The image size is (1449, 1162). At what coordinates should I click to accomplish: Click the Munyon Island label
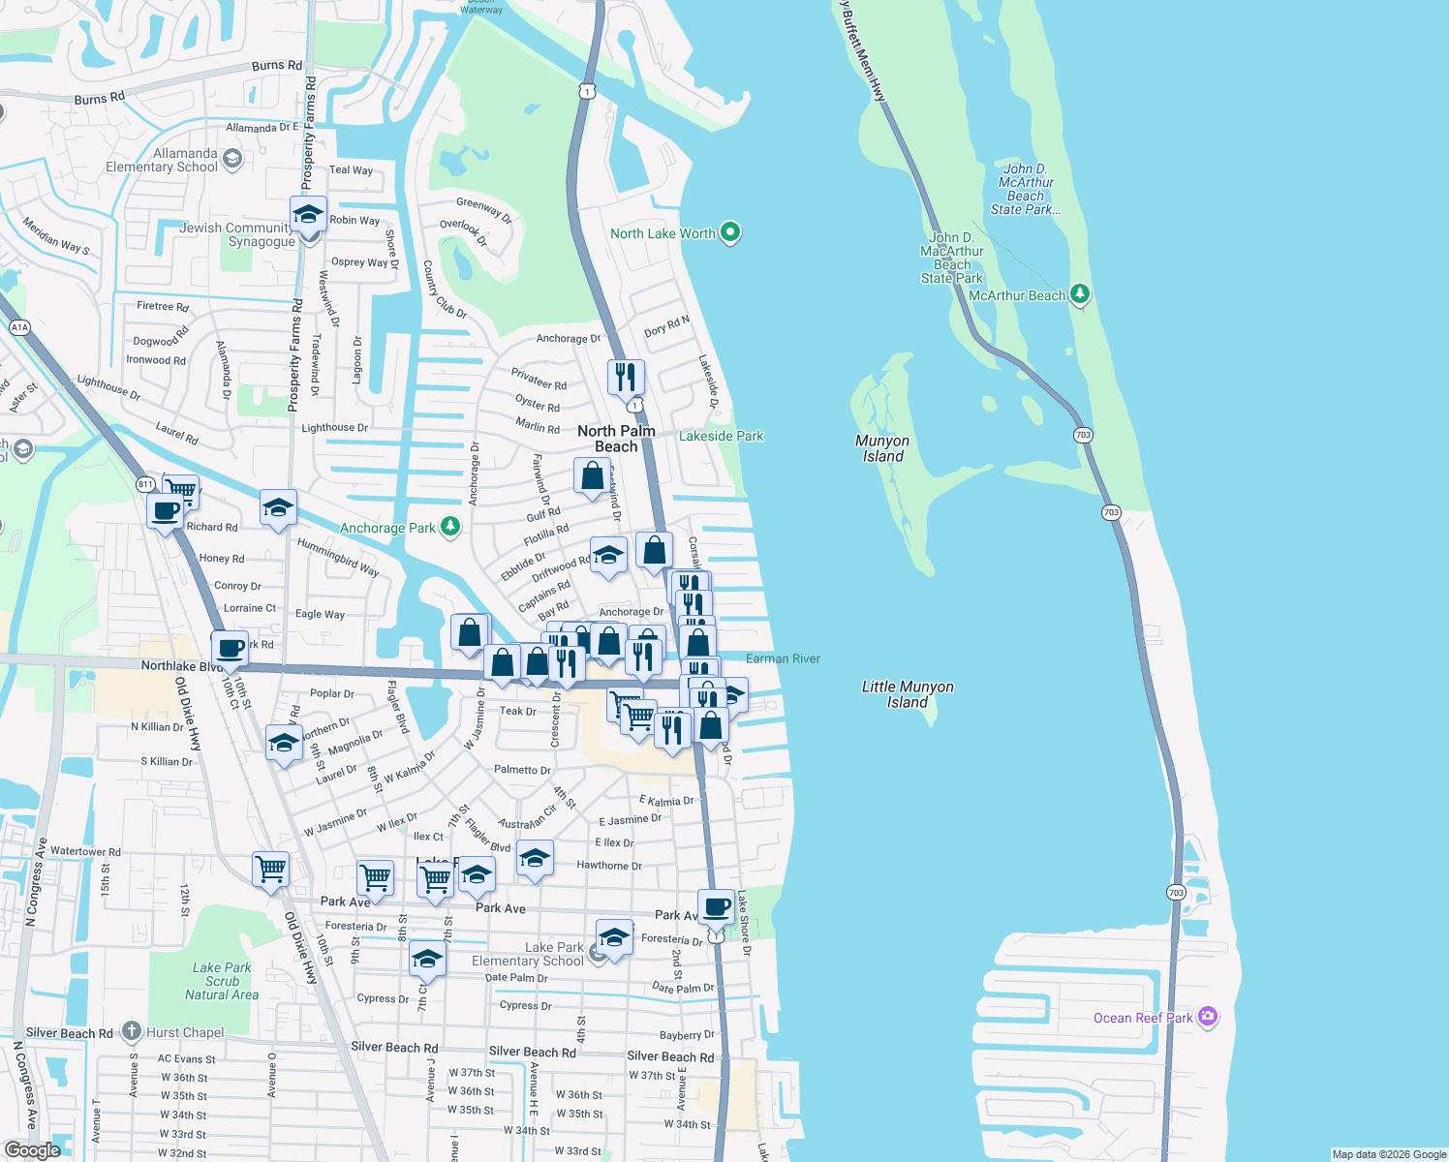coord(882,448)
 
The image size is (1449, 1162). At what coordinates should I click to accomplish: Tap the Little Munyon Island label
coord(908,694)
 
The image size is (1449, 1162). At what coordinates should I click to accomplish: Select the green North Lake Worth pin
coord(731,232)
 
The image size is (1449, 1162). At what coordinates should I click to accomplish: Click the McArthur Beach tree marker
coord(1080,294)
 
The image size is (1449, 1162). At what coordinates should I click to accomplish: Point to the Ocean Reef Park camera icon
coord(1207,1017)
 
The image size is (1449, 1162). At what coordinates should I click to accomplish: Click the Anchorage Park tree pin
coord(449,527)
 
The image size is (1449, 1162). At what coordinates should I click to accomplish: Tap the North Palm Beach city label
coord(616,439)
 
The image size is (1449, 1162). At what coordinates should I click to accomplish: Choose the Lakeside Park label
coord(721,437)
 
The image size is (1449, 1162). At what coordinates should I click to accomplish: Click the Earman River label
coord(783,658)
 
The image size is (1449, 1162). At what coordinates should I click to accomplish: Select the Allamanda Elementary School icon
coord(231,159)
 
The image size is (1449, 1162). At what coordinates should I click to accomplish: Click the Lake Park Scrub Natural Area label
coord(222,981)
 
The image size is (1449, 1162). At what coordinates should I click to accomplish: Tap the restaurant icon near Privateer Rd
coord(626,376)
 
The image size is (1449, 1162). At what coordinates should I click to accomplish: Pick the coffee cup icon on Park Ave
coord(716,907)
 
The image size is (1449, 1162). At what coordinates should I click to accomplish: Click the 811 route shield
coord(145,484)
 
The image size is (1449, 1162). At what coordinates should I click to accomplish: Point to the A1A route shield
coord(19,327)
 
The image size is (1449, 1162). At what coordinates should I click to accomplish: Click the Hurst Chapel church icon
coord(132,1032)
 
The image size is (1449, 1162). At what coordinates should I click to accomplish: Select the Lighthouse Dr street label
coord(334,428)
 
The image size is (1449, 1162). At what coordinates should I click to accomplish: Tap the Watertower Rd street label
coord(85,852)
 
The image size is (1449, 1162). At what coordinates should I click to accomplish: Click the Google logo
coord(32,1150)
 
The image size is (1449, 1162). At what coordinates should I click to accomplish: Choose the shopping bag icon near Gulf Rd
coord(592,475)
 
